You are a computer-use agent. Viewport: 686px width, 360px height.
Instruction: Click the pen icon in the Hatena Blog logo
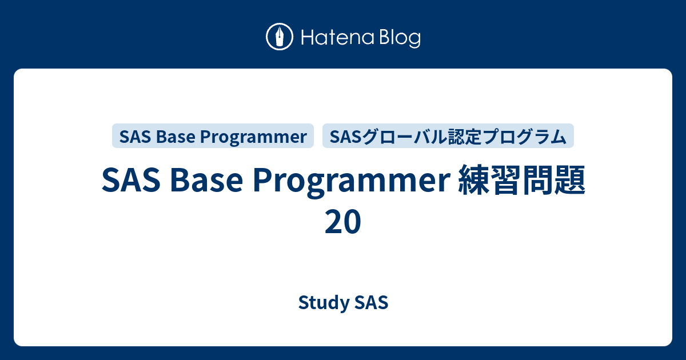280,38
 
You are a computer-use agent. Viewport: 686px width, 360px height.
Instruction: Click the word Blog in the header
398,38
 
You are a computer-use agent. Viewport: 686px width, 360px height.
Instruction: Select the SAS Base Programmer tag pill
213,137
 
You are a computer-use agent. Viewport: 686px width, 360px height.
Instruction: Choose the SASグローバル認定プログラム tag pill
448,137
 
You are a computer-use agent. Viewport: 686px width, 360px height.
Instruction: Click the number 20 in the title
343,222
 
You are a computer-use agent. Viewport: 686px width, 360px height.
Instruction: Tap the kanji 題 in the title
568,181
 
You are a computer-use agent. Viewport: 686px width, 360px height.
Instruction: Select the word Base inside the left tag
174,137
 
